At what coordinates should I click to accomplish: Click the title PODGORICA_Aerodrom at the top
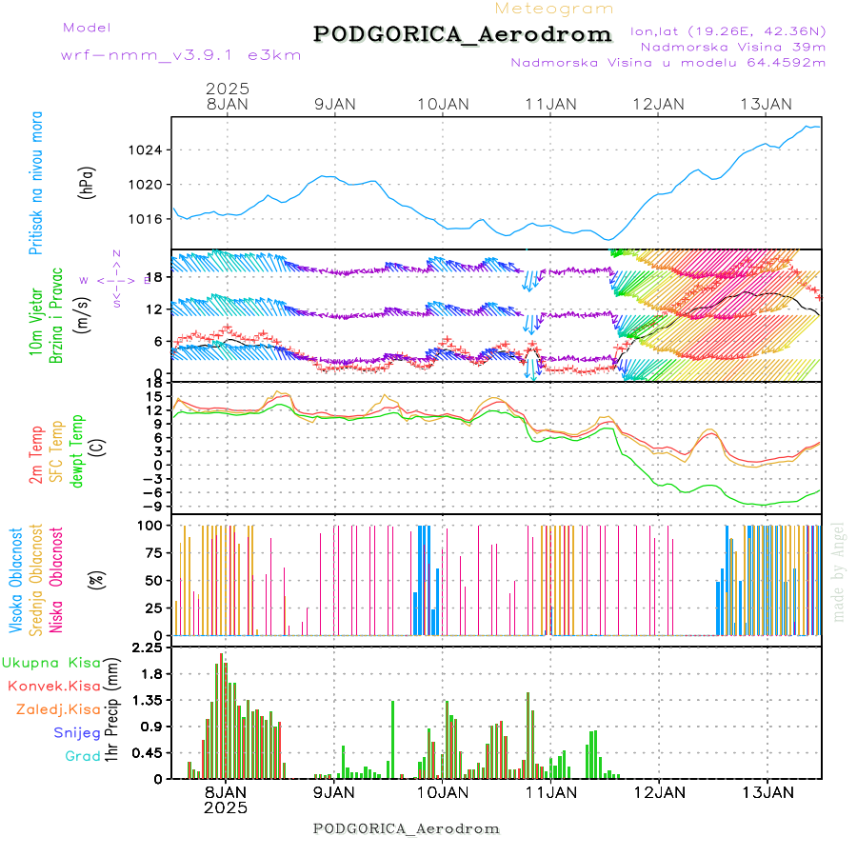pos(462,34)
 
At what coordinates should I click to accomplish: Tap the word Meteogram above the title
pos(555,9)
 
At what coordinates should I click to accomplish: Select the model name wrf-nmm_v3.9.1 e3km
pos(181,55)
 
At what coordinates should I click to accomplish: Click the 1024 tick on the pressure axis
pos(145,150)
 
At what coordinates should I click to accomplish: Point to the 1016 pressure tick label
pos(145,219)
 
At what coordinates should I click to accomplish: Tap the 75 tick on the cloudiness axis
pos(149,552)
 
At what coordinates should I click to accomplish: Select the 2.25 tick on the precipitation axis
pos(147,648)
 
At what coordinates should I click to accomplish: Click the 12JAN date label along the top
pos(659,104)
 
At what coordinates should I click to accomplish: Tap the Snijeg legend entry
pos(76,732)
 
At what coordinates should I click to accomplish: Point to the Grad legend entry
pos(82,756)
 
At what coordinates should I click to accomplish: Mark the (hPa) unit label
pos(88,182)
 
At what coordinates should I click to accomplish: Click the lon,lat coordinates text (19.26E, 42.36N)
pos(727,30)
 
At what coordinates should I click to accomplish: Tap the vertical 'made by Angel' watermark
pos(839,571)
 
